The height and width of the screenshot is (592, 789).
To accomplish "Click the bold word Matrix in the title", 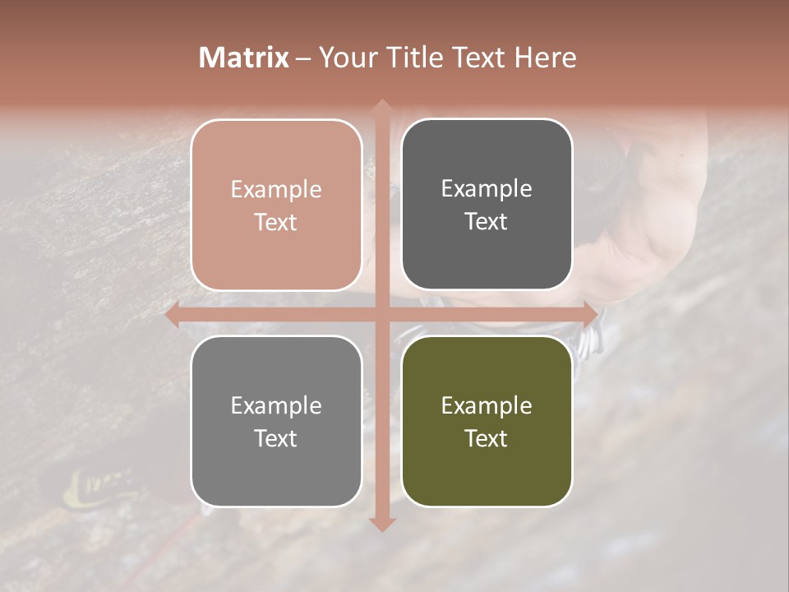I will pyautogui.click(x=244, y=58).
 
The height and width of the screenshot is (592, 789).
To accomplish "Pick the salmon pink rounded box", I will pyautogui.click(x=276, y=206).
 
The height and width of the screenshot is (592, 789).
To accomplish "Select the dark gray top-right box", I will pyautogui.click(x=487, y=206).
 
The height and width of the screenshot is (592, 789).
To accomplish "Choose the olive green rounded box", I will pyautogui.click(x=487, y=421).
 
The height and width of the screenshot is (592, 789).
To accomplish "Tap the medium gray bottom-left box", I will pyautogui.click(x=276, y=421).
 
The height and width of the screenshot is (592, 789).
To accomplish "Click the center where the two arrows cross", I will pyautogui.click(x=381, y=314).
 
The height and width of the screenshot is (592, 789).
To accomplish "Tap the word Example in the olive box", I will pyautogui.click(x=487, y=405).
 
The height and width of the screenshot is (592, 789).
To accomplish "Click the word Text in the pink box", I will pyautogui.click(x=276, y=223).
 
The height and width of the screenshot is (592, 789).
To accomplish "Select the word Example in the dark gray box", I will pyautogui.click(x=487, y=189).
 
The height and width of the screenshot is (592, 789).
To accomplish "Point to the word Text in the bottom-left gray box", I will pyautogui.click(x=276, y=439).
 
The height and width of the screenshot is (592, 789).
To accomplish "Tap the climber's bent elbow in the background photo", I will pyautogui.click(x=649, y=263).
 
